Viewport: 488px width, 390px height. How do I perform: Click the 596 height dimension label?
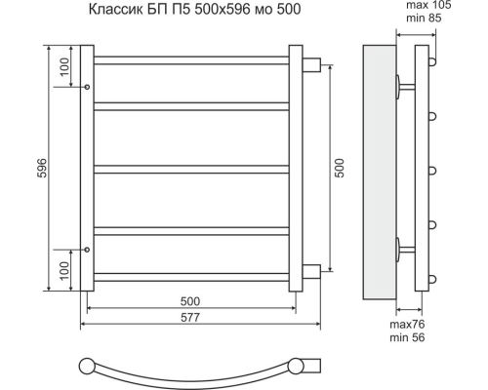tap(43, 168)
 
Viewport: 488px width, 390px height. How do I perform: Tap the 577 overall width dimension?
tap(190, 317)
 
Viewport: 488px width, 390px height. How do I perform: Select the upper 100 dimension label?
tap(64, 66)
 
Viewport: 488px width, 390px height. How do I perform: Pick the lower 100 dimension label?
tap(64, 270)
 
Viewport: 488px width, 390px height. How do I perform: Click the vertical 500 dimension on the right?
tap(339, 168)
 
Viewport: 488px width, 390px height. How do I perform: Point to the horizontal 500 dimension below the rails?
tap(190, 301)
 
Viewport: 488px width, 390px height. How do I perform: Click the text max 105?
tap(428, 6)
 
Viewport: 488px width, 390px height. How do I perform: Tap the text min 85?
tap(424, 18)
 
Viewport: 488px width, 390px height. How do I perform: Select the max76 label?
tap(407, 325)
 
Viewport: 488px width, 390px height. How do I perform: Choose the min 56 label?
tap(407, 337)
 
